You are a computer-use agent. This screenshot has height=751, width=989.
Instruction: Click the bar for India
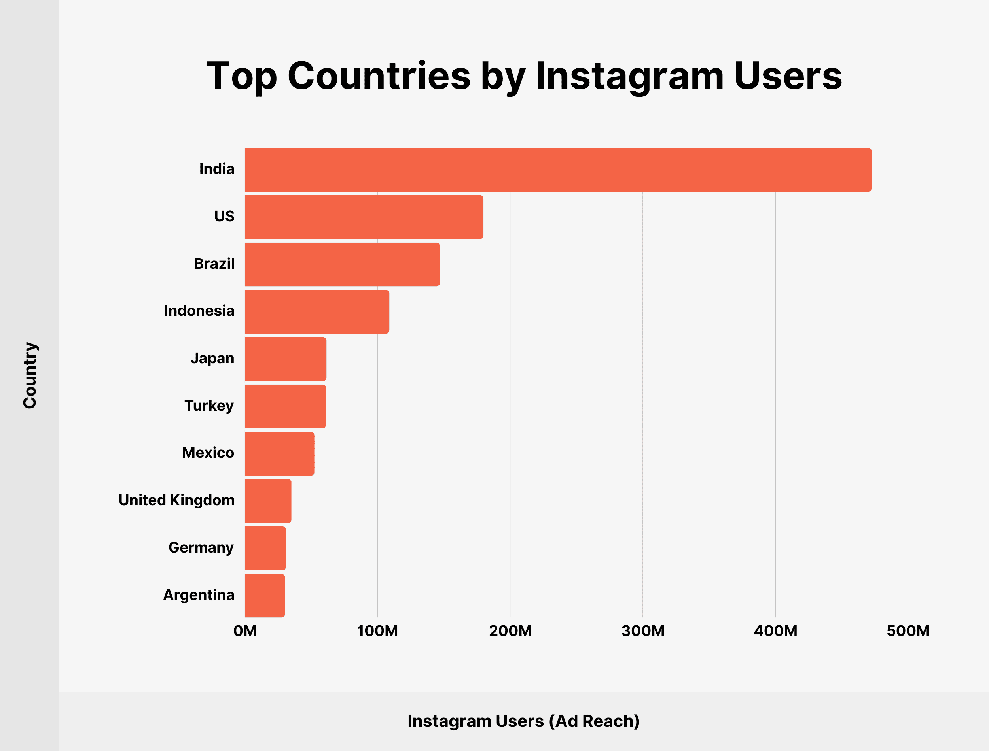coord(558,170)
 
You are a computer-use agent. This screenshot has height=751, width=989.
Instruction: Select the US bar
coord(364,217)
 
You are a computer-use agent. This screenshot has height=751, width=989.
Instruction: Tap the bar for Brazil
coord(342,265)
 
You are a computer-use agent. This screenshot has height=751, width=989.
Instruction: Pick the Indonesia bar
coord(317,311)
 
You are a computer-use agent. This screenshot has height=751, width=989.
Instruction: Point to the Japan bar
coord(285,359)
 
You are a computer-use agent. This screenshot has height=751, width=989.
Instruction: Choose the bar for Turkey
coord(285,406)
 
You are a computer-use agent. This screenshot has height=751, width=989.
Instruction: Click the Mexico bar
coord(280,454)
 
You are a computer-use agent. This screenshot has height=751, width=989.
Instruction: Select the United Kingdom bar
coord(268,501)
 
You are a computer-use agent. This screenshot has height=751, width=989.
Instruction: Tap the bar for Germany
coord(265,549)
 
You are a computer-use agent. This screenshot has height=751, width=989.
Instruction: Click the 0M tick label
coord(245,631)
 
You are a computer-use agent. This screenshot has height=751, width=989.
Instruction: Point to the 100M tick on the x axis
coord(377,631)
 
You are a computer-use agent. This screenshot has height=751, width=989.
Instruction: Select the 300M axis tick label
coord(643,631)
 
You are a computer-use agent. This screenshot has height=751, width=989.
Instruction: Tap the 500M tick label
coord(908,631)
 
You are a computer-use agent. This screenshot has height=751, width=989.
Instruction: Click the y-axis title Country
coord(30,375)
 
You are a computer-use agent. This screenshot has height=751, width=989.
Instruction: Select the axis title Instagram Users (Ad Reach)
coord(523,721)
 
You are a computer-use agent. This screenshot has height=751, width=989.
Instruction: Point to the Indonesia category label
coord(199,311)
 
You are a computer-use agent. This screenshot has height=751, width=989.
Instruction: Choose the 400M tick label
coord(776,631)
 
